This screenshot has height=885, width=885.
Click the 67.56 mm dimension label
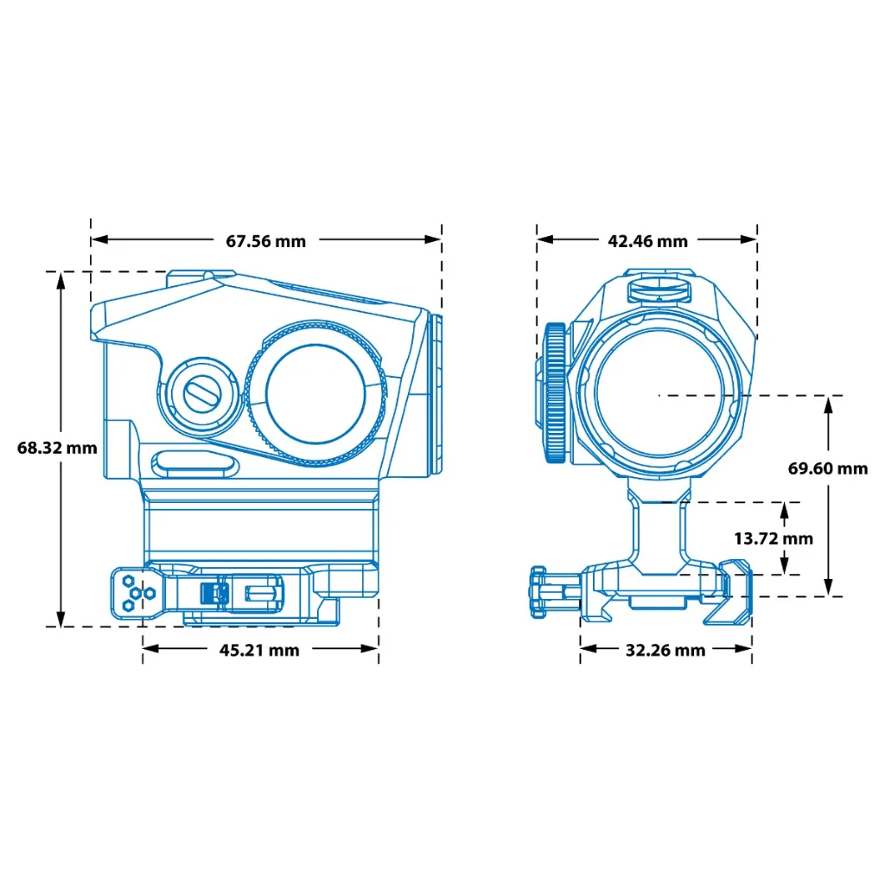coord(266,242)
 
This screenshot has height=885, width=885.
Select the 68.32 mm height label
coord(57,449)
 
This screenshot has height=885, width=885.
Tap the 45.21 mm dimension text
coord(259,650)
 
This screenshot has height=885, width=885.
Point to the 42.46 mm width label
coord(648,242)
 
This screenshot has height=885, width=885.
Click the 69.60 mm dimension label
coord(828,468)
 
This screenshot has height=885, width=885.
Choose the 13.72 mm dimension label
coord(774,538)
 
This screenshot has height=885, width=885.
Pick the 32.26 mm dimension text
coord(665,651)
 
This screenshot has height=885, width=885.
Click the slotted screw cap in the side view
coord(201,393)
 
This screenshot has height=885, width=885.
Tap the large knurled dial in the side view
coord(316,394)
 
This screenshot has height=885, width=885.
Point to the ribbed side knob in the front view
coord(556,393)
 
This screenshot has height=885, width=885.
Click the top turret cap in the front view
coord(659,288)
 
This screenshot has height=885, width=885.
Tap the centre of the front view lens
coord(659,394)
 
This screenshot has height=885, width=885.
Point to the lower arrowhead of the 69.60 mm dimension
coord(828,587)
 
